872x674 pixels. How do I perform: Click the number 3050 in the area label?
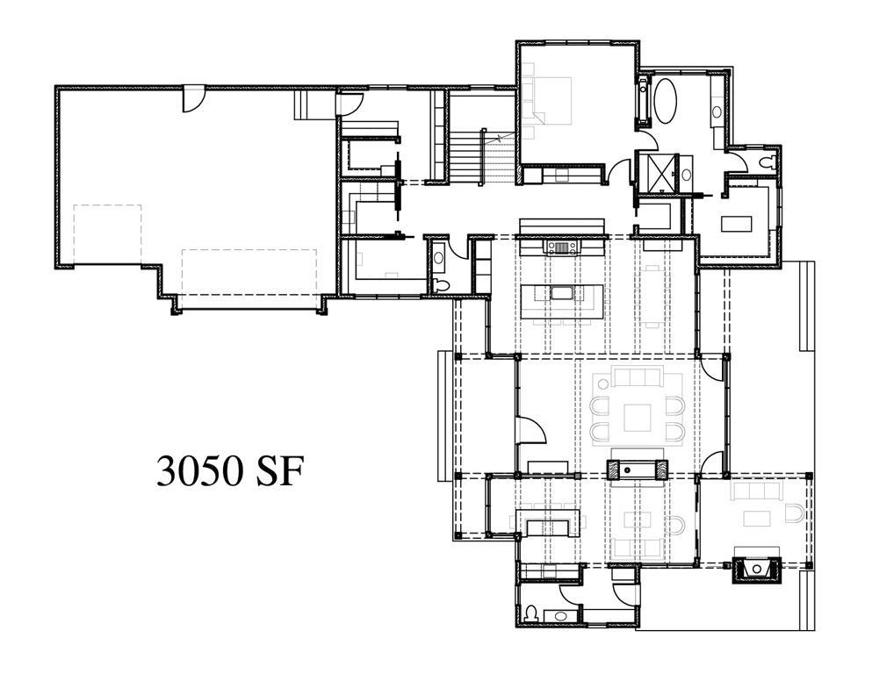click(199, 471)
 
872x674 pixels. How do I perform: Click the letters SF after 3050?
click(280, 471)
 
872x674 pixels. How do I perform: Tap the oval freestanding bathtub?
click(664, 102)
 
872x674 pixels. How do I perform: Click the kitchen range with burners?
click(561, 247)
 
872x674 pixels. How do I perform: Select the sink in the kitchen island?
click(560, 292)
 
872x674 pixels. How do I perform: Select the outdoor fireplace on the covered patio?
click(755, 570)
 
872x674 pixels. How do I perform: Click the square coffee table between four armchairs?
click(638, 416)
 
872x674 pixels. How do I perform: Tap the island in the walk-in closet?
click(736, 222)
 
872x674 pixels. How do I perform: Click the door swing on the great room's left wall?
click(530, 431)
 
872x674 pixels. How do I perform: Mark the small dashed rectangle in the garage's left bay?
click(107, 233)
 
